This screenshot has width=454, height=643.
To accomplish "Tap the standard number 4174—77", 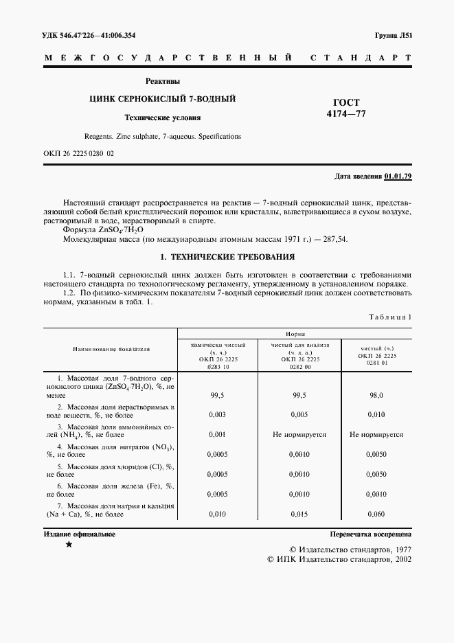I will click(x=346, y=114).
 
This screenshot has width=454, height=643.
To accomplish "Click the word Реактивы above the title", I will click(x=162, y=81).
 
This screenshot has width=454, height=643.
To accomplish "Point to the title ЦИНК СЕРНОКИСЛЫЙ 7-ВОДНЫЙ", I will click(x=162, y=99).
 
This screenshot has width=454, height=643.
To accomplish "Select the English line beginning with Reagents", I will click(x=162, y=136).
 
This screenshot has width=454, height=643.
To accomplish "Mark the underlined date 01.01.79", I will click(x=398, y=177).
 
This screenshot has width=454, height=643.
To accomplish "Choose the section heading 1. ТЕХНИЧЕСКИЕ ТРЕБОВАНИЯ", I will click(x=227, y=257).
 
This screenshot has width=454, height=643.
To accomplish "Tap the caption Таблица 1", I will click(x=390, y=317).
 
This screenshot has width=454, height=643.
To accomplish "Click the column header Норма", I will click(x=296, y=332).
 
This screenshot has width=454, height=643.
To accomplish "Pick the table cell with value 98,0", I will click(x=376, y=396).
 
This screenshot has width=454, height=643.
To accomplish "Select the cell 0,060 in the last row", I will click(x=376, y=513).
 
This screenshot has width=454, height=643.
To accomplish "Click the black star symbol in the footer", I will click(x=68, y=544).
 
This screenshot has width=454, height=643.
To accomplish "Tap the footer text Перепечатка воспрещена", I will click(x=370, y=533).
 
